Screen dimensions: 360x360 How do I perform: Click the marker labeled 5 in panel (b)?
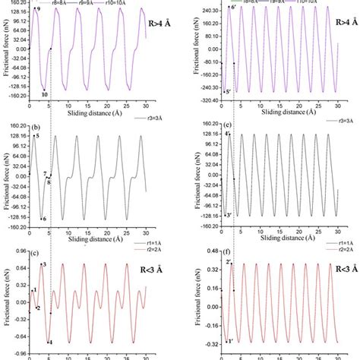(36, 135)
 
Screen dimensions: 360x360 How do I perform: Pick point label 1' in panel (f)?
(229, 341)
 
